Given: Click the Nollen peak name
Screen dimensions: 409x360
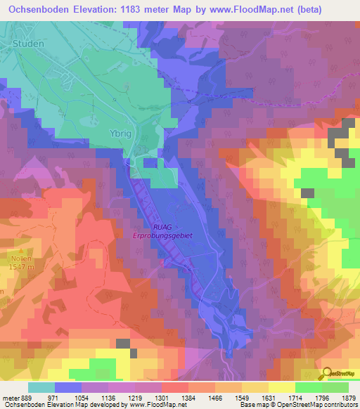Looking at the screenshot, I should click(10, 259).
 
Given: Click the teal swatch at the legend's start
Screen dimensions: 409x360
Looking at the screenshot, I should click(41, 387).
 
